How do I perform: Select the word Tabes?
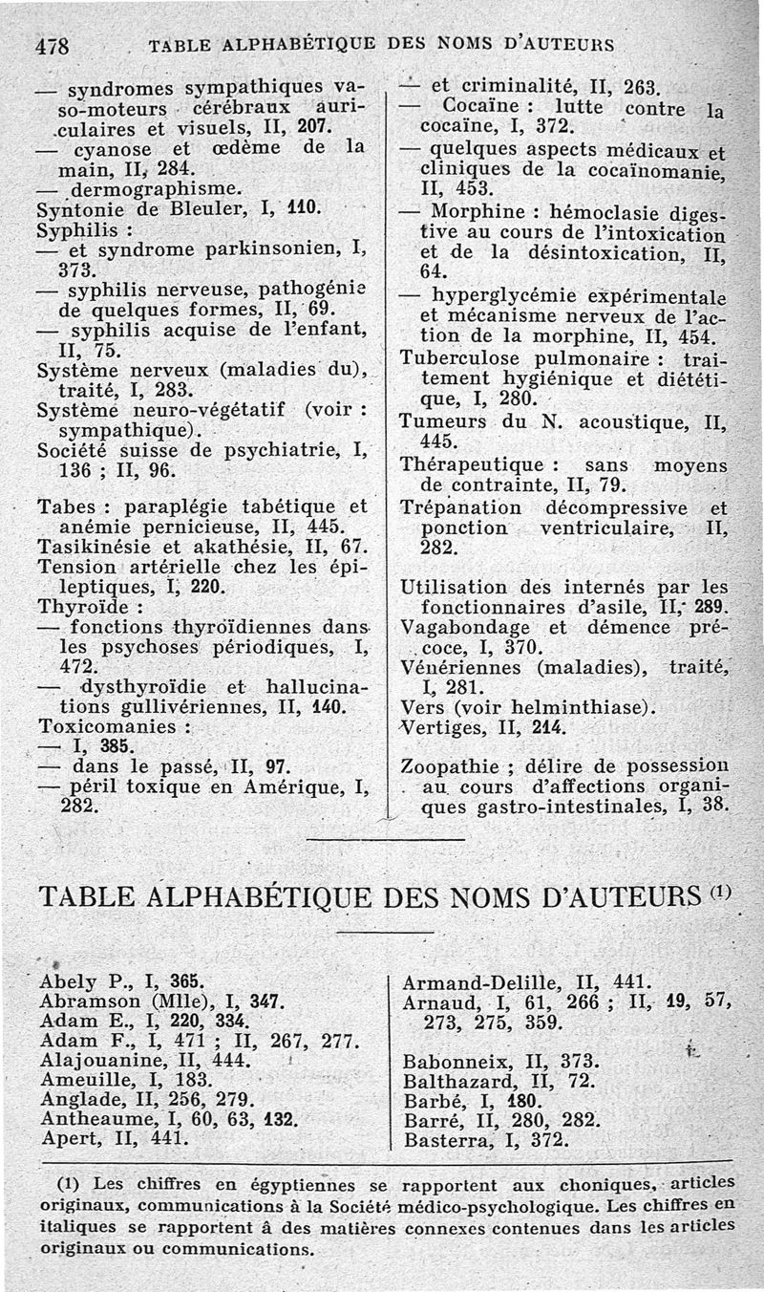66,506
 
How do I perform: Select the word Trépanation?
461,507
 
